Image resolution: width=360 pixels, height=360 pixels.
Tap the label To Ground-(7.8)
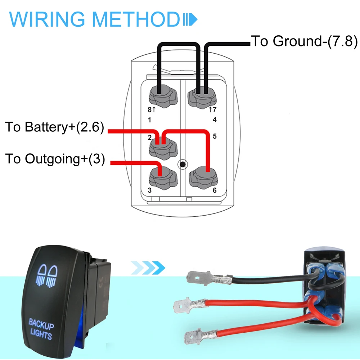click(x=304, y=41)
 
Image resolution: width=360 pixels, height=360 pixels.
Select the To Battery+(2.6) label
click(x=54, y=127)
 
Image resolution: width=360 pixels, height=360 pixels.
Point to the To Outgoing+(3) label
click(x=55, y=159)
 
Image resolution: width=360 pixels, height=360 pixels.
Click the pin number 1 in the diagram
click(x=150, y=120)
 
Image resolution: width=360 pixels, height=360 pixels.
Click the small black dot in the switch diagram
click(x=183, y=165)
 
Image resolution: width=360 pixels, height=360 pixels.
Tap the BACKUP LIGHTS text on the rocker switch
click(x=41, y=328)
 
